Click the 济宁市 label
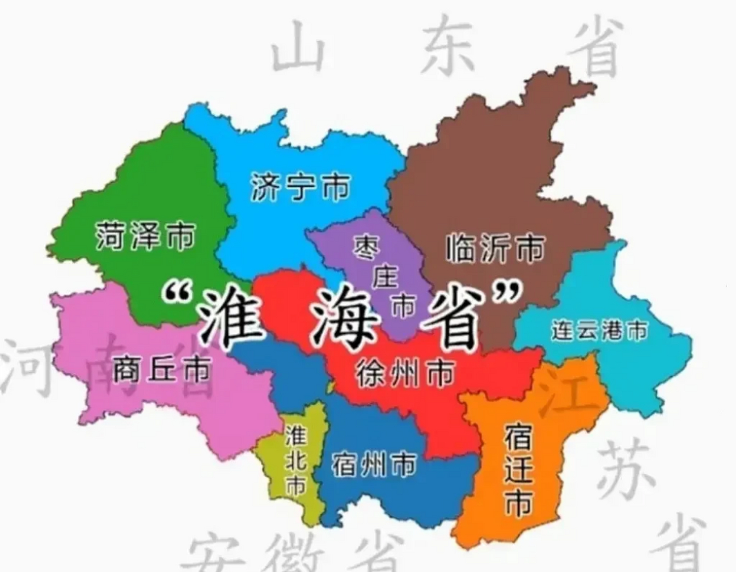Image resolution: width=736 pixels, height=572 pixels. (300, 187)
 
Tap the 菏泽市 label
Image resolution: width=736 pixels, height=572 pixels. (145, 236)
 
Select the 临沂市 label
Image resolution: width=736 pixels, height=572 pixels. (495, 248)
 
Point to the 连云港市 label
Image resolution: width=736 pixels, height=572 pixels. (599, 331)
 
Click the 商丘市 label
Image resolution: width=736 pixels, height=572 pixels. (161, 369)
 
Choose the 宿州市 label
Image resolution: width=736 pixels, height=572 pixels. (373, 465)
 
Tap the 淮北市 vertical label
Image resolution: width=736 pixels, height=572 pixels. (296, 460)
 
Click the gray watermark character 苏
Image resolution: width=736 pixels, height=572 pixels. (624, 469)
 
